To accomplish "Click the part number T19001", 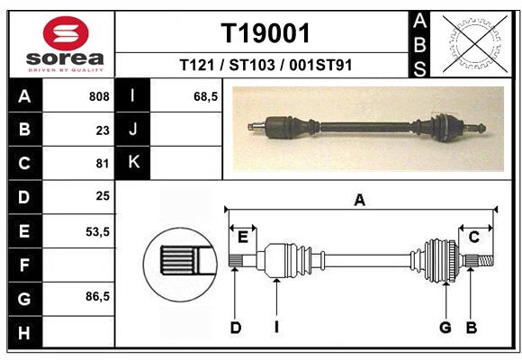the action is [x=265, y=33].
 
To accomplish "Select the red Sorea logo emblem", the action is [x=66, y=33].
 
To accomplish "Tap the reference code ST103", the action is [x=252, y=65].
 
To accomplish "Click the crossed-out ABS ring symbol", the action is [x=476, y=44].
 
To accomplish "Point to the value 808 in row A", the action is [x=99, y=96].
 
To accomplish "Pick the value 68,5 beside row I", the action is [x=205, y=96].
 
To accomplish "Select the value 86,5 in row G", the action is [x=97, y=296].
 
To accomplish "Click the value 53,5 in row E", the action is [x=97, y=231].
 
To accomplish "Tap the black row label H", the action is [x=25, y=333].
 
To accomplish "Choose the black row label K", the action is [x=133, y=162].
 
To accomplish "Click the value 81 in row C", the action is [x=103, y=164].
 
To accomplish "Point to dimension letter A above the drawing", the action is [x=359, y=200].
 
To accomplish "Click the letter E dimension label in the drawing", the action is [x=243, y=238].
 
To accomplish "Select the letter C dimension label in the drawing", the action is [x=473, y=237].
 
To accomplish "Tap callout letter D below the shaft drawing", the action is [x=236, y=328].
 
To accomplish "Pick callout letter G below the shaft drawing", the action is [x=445, y=328].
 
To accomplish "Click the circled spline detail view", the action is [x=180, y=265].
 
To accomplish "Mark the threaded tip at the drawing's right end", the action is [x=486, y=260].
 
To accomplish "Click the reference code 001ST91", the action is [x=320, y=65].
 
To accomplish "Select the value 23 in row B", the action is [x=103, y=130].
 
